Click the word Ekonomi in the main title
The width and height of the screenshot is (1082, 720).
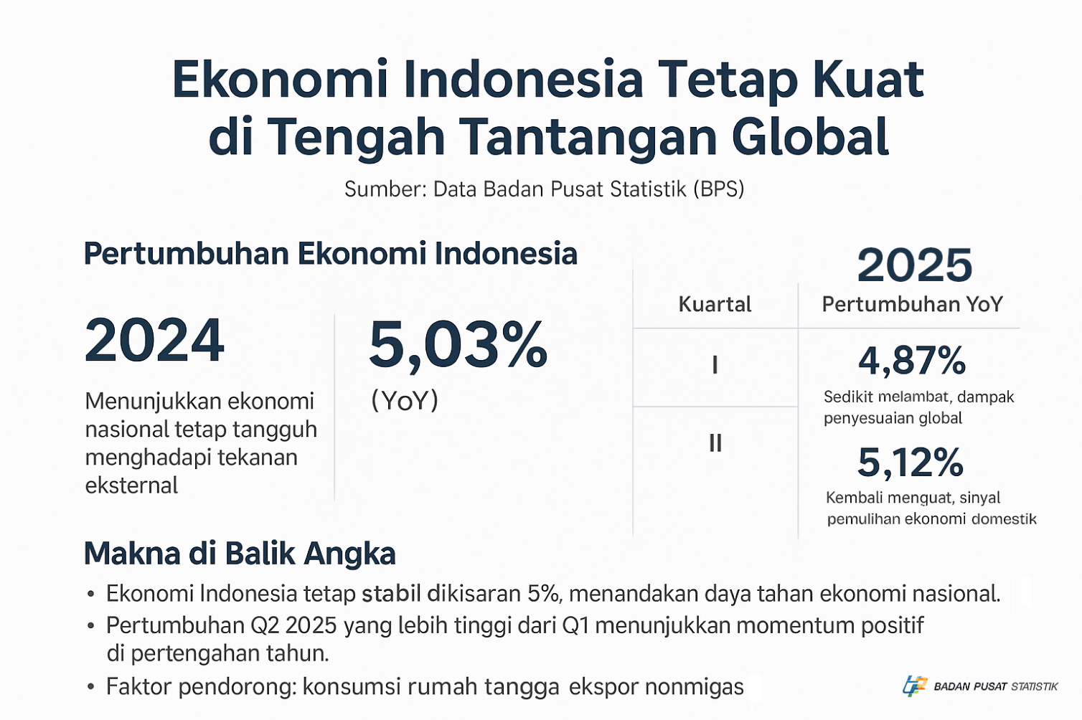tap(280, 79)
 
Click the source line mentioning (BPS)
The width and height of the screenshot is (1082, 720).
tap(545, 189)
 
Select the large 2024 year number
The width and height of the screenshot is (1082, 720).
tap(154, 340)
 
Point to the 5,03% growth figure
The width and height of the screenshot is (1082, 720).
tap(458, 345)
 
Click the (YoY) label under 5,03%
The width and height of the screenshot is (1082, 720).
tap(405, 400)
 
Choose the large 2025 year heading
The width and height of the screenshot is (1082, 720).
tap(914, 265)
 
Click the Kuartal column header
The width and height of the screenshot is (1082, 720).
tap(715, 304)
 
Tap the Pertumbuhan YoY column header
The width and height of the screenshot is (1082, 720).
tap(913, 304)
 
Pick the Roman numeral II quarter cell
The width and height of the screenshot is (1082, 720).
tap(715, 442)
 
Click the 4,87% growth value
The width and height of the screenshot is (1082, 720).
tap(911, 360)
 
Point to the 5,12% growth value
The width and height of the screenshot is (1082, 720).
tap(911, 462)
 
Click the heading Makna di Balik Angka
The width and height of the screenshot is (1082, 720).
tap(240, 554)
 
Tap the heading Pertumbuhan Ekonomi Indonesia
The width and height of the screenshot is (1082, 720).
tap(330, 254)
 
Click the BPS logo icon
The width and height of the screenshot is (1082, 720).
tap(915, 686)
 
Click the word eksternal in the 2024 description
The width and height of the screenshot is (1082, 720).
tap(131, 485)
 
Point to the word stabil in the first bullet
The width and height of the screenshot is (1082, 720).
tap(391, 594)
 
